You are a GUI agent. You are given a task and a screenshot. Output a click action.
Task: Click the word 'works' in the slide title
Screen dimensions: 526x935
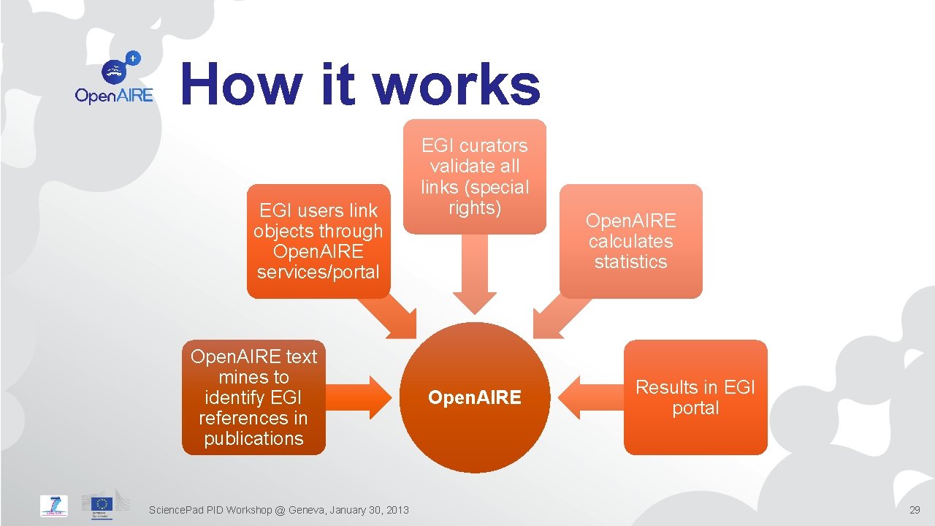457,84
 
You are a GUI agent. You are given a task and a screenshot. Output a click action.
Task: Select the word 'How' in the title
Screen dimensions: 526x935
241,84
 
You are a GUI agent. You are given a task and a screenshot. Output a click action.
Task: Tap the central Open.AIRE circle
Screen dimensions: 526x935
474,397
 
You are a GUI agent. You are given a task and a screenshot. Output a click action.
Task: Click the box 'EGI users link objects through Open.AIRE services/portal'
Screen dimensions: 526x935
318,241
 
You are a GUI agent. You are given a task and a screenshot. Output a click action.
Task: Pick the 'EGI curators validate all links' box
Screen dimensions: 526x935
474,177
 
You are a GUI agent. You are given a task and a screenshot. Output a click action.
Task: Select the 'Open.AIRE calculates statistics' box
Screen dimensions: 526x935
630,241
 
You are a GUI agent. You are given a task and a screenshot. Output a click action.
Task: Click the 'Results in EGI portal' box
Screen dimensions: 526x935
695,397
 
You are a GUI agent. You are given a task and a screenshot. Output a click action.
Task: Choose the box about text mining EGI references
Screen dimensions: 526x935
253,397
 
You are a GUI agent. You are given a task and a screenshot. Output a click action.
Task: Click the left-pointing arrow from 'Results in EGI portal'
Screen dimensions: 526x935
589,397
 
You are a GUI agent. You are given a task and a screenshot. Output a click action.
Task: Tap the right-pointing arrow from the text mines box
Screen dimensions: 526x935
361,397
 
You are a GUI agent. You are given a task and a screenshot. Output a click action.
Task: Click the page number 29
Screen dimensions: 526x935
915,509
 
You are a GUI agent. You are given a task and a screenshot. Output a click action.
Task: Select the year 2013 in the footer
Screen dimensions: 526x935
397,509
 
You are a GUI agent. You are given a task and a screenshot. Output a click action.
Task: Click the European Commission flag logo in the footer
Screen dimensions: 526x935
102,505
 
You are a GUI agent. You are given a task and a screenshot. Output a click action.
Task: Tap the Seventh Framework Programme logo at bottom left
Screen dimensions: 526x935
54,506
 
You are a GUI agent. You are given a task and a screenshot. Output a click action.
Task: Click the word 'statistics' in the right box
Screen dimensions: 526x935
630,262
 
